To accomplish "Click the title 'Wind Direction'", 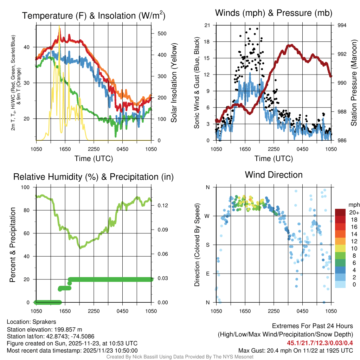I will click(x=274, y=175).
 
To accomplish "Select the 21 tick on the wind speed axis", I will click(x=207, y=25).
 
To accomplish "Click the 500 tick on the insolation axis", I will click(x=162, y=33).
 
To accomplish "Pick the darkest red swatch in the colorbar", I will click(x=340, y=212).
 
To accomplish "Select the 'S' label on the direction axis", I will click(x=207, y=245).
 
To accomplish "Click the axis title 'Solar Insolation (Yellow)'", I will click(x=174, y=83).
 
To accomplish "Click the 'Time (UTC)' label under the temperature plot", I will click(x=94, y=159).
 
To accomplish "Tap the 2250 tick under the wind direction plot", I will click(x=274, y=311).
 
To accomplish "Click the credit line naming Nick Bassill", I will click(x=180, y=357).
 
